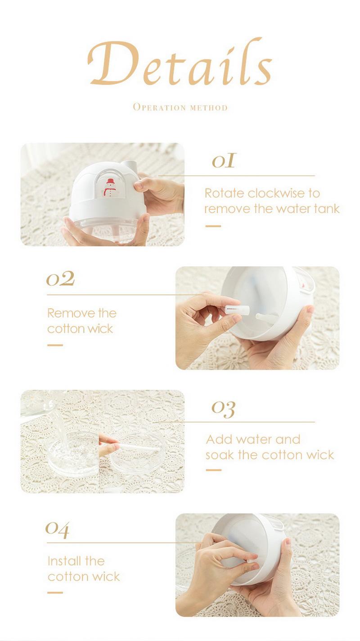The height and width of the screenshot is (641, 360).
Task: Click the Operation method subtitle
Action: tap(180, 107)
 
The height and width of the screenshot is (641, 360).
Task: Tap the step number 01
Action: tap(224, 161)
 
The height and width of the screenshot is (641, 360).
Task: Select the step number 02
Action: tap(60, 279)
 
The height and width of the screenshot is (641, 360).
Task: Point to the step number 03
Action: tap(223, 409)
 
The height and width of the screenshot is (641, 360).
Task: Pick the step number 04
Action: tap(57, 529)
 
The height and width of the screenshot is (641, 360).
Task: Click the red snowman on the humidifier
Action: tap(110, 188)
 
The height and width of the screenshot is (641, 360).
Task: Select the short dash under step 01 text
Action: tap(213, 226)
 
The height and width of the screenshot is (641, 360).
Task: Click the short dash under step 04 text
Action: tap(55, 593)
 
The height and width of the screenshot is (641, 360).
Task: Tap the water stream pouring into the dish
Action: tap(60, 423)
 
